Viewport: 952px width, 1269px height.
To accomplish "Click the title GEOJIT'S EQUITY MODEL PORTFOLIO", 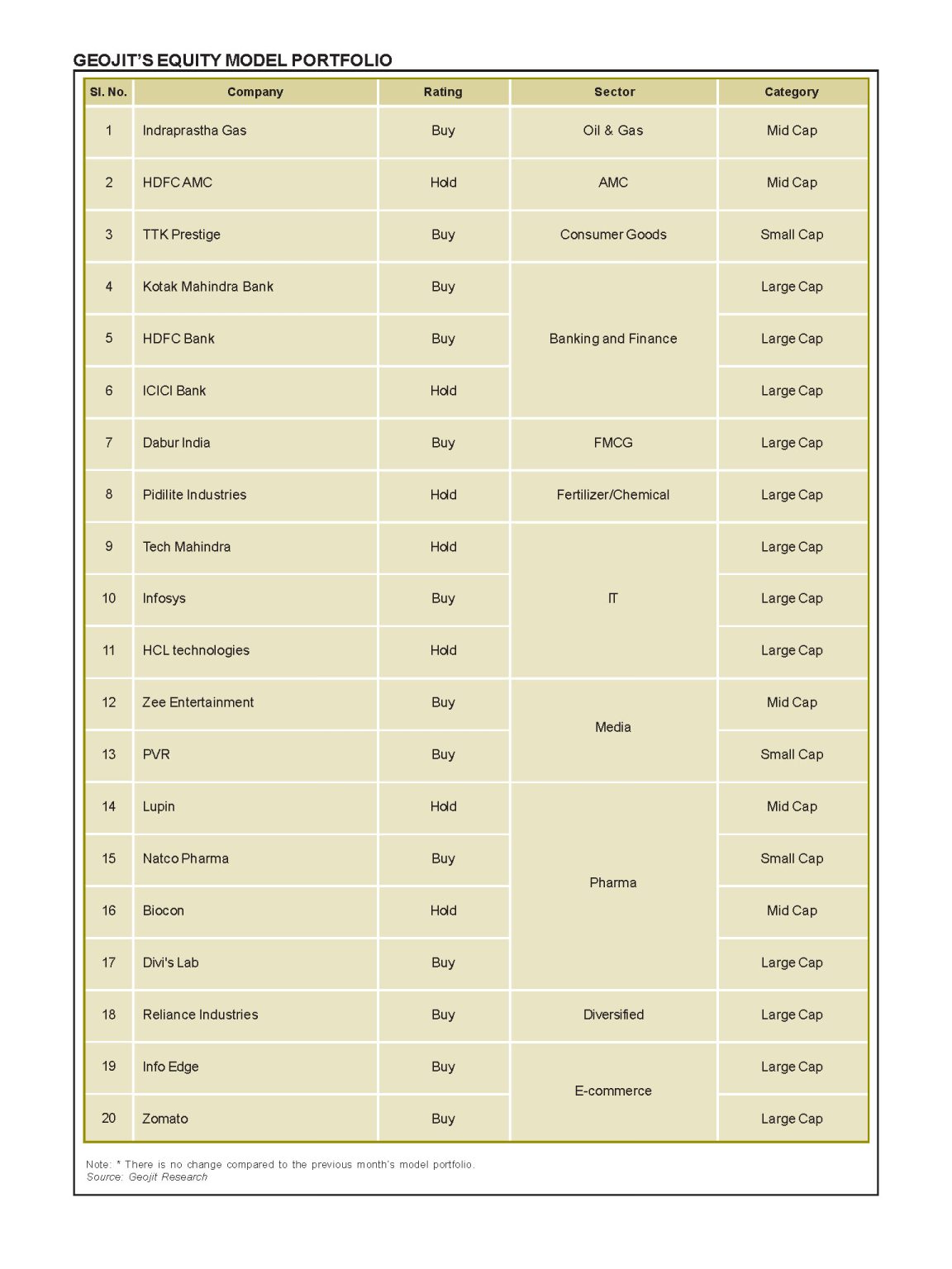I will (x=232, y=60).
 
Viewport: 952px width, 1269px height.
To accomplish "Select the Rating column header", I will (x=443, y=92).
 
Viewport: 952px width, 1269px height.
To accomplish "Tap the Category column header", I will (x=791, y=92).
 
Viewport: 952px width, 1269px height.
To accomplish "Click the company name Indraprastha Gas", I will (x=194, y=131).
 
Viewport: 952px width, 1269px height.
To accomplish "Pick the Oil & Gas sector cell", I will (x=612, y=131).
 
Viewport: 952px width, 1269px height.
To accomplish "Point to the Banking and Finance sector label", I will (x=612, y=339).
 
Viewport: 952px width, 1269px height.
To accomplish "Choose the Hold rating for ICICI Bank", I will (x=443, y=391).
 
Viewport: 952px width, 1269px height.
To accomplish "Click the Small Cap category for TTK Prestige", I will (x=791, y=235).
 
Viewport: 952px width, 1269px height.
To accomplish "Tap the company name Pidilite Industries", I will (x=194, y=495).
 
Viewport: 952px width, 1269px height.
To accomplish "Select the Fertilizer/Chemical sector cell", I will (x=612, y=495).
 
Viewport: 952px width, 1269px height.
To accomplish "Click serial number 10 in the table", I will (x=108, y=598).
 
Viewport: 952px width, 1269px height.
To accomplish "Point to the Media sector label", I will (x=612, y=727).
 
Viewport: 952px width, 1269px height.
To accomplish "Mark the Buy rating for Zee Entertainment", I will (x=443, y=702).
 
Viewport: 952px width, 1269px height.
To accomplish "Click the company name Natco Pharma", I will (x=185, y=858).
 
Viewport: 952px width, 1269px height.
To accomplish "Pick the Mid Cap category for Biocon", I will (x=791, y=910).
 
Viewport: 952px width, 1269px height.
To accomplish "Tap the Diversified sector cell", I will (x=612, y=1015).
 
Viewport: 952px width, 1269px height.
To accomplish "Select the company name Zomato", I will (x=165, y=1119).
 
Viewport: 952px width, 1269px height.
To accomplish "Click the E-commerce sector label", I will (x=612, y=1091).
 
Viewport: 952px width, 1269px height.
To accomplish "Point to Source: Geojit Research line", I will (x=147, y=1177).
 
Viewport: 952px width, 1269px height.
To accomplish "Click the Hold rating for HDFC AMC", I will (x=443, y=183).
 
